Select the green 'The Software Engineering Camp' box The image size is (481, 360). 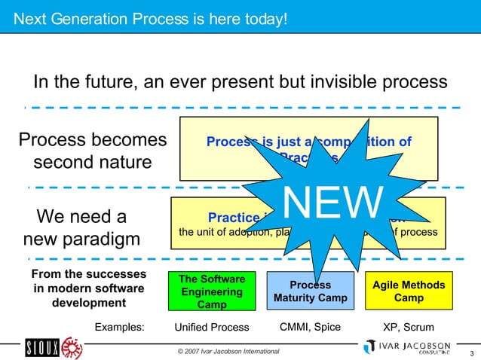click(x=210, y=291)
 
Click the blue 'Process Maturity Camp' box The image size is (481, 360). click(x=310, y=291)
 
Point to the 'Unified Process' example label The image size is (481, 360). click(x=211, y=328)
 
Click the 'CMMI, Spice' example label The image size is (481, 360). click(x=310, y=327)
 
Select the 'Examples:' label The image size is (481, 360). click(x=118, y=328)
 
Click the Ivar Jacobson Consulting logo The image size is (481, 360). click(x=407, y=347)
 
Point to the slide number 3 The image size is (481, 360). click(x=471, y=354)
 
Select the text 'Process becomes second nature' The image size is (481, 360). click(x=92, y=151)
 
